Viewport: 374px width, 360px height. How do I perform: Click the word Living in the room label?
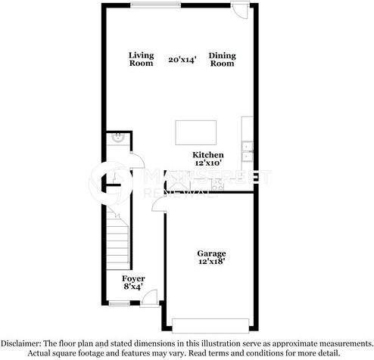[x=141, y=55]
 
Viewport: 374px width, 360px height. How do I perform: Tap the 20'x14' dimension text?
[x=182, y=60]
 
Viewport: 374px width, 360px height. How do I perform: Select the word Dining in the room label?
[x=222, y=55]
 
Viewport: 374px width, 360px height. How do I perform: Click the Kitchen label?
[x=208, y=155]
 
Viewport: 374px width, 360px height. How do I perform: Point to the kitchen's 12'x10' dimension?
[x=208, y=163]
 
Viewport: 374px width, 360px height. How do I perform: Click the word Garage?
[x=211, y=253]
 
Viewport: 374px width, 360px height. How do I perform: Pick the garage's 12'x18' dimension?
[x=211, y=262]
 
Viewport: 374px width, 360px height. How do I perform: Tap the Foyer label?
[x=133, y=278]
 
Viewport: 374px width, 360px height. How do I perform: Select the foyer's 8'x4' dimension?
[x=133, y=287]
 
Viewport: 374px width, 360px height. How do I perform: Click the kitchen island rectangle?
[x=196, y=132]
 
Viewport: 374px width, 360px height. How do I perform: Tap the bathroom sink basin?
[x=118, y=138]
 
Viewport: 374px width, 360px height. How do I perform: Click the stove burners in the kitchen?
[x=218, y=185]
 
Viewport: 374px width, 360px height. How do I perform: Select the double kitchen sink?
[x=248, y=151]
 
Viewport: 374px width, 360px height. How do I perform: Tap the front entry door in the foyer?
[x=150, y=298]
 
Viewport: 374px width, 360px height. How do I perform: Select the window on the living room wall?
[x=156, y=5]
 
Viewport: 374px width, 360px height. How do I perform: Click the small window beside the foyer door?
[x=119, y=303]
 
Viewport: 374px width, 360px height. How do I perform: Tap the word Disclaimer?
[x=20, y=343]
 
